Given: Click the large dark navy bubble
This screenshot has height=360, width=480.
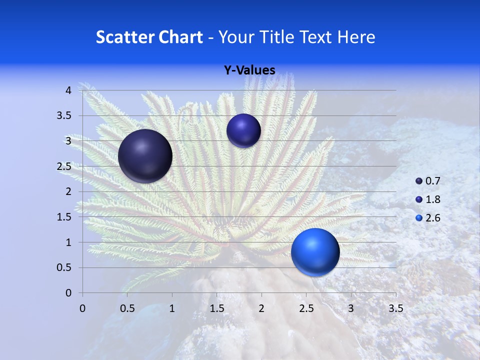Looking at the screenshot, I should click(x=145, y=156).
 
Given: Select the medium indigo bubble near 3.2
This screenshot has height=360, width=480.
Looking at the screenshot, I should click(x=243, y=130).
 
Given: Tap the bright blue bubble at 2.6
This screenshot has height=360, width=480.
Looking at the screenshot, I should click(x=315, y=252).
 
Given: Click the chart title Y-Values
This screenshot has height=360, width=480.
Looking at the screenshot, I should click(x=249, y=70).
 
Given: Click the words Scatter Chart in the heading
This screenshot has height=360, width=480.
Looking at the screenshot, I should click(x=149, y=37).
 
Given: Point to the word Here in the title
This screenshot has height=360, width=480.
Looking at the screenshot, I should click(x=356, y=37).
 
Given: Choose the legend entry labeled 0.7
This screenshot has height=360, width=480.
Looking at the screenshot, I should click(x=427, y=181).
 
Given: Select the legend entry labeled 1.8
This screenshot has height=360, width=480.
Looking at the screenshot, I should click(x=427, y=199).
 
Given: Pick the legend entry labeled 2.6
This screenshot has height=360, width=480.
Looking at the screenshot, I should click(x=427, y=218).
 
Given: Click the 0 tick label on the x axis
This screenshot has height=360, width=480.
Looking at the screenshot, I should click(x=82, y=308).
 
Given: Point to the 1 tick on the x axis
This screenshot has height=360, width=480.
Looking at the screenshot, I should click(x=172, y=308).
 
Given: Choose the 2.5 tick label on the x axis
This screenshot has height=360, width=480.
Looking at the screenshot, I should click(x=306, y=308).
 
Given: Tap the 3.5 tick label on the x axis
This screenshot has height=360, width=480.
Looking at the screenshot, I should click(x=395, y=308).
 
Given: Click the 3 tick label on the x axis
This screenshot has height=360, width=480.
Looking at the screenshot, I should click(x=351, y=308).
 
